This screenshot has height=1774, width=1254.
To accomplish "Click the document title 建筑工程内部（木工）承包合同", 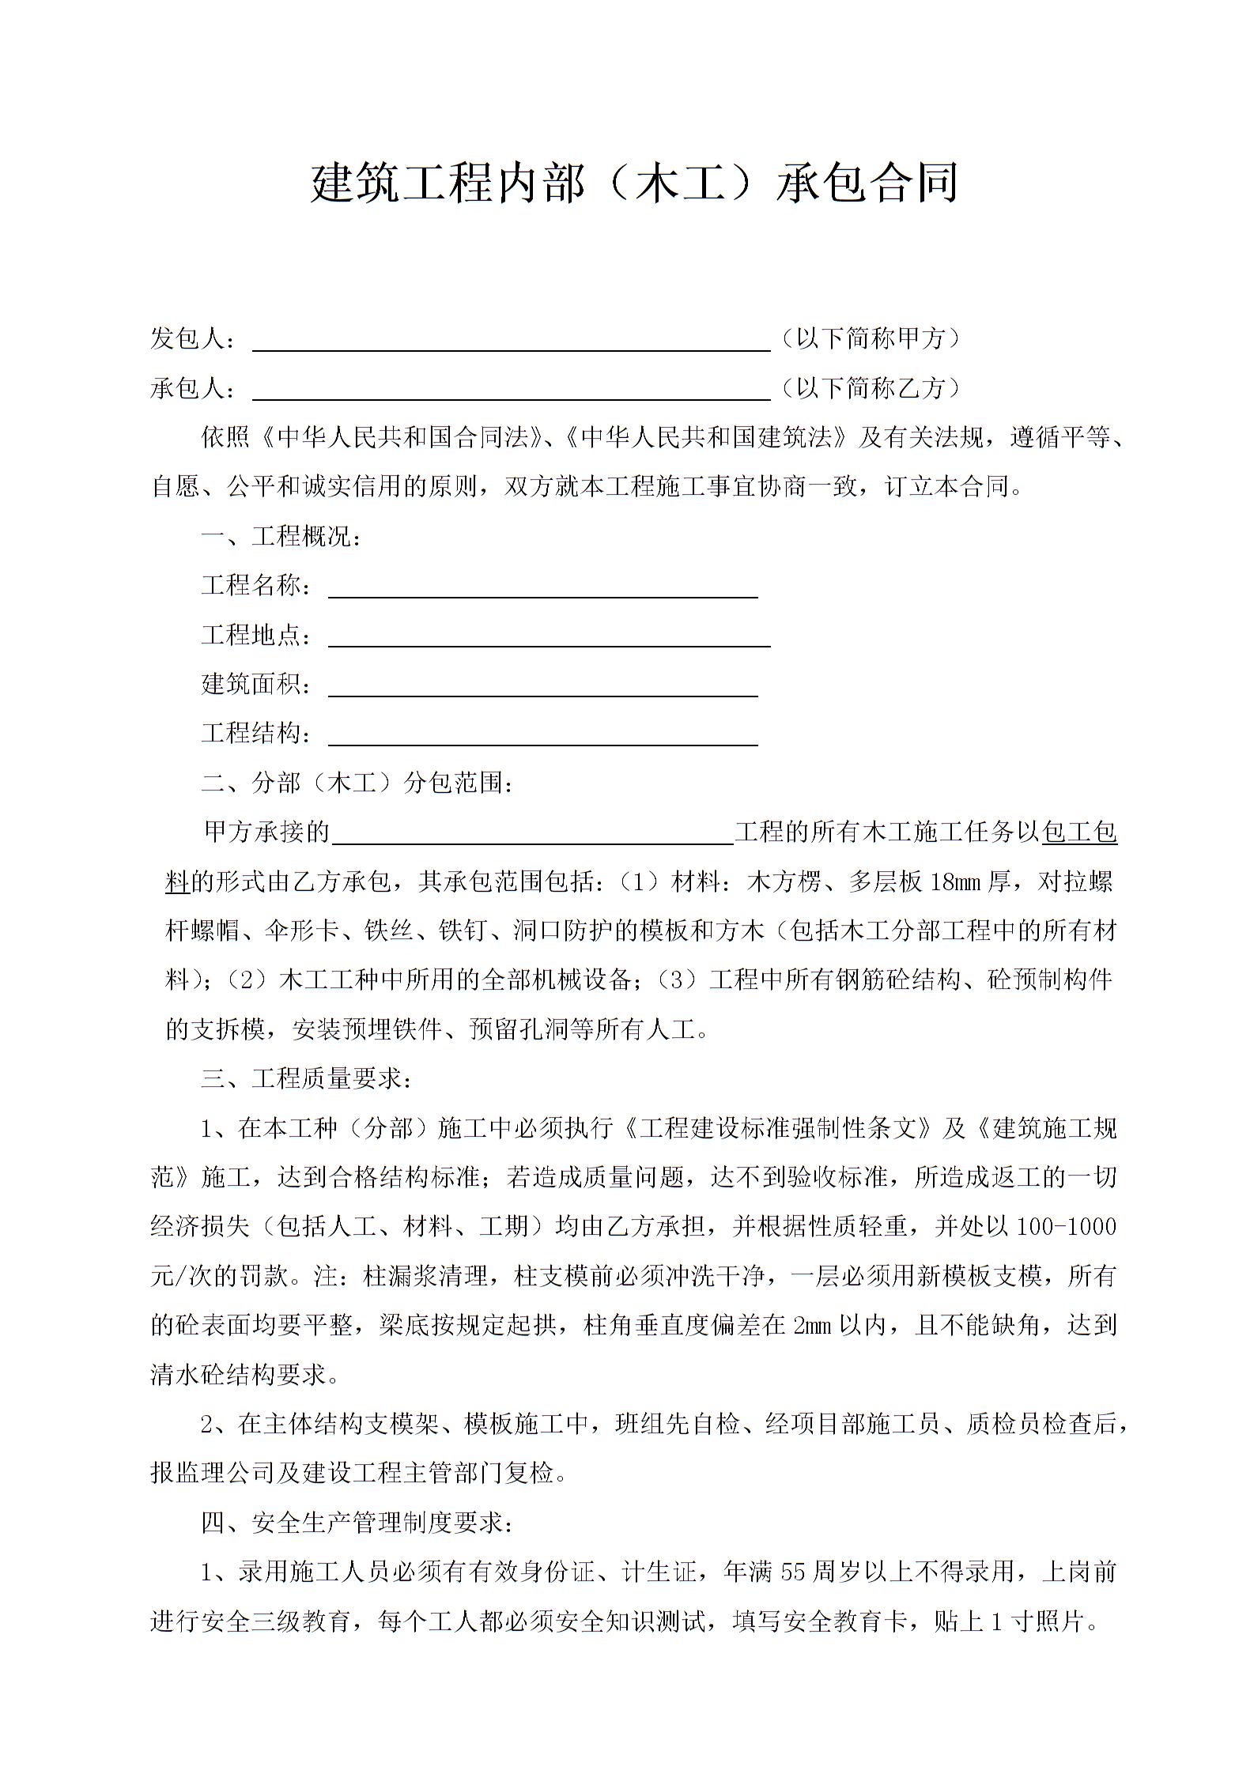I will tap(634, 183).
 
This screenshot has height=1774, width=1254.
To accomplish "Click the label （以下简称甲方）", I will tap(870, 338).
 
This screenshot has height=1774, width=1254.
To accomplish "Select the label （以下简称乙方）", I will tap(870, 387).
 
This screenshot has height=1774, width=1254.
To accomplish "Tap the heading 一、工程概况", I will tap(282, 536).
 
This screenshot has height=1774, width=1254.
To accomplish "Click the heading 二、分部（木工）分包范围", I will tap(358, 783).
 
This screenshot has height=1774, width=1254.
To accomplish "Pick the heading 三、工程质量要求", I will tap(308, 1078).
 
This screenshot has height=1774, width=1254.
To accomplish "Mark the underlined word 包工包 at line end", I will tap(1079, 832).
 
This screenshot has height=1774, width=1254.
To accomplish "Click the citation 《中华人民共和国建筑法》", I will tap(708, 437).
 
